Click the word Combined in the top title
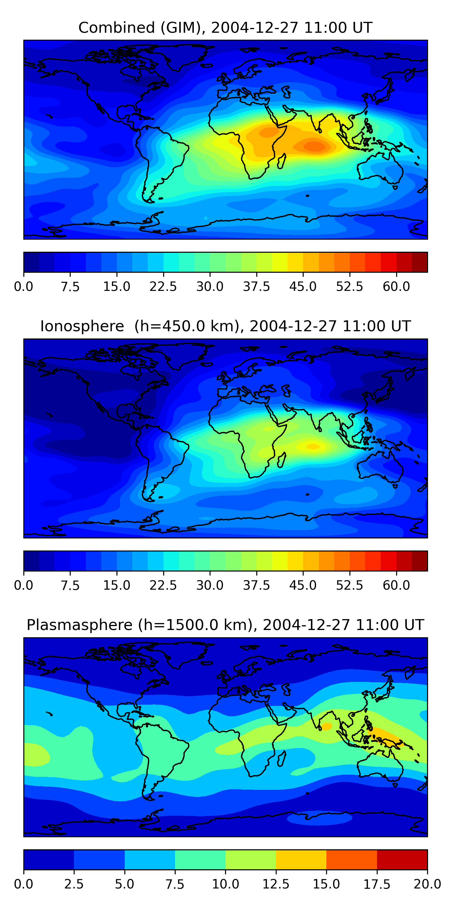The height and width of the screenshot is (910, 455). (x=116, y=28)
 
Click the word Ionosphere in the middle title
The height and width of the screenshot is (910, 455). (x=82, y=326)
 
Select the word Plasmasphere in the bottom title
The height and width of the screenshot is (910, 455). (x=79, y=625)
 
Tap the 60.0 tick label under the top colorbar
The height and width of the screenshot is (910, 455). (x=396, y=286)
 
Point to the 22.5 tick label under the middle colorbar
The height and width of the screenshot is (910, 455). (x=163, y=585)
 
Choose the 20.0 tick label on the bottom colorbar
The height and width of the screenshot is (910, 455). (x=427, y=884)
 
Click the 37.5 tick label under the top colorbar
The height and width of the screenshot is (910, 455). (x=256, y=286)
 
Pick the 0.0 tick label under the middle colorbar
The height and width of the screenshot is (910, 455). (x=24, y=585)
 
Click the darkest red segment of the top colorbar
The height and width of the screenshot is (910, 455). (x=420, y=262)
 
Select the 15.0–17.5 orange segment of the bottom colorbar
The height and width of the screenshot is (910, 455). (x=352, y=859)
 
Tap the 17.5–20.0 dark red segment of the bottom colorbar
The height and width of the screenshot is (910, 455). (x=402, y=859)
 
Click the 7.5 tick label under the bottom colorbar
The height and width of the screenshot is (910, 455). (x=175, y=884)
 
